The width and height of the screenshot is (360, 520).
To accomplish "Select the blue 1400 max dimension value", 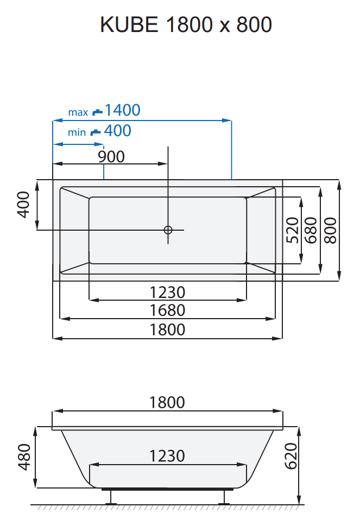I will (x=122, y=110).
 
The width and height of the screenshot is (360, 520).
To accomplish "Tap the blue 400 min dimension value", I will (x=117, y=130).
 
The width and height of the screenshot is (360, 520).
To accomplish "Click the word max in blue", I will (x=78, y=112).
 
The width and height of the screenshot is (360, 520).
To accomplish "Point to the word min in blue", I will (x=77, y=132).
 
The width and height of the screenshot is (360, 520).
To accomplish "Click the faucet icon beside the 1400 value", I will (x=97, y=111).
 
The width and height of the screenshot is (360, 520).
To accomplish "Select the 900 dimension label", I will (x=111, y=157).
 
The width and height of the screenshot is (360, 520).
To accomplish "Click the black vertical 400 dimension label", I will (x=23, y=205).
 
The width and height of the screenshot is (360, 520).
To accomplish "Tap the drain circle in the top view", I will (x=168, y=230).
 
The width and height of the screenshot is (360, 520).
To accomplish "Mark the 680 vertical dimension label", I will (x=311, y=230).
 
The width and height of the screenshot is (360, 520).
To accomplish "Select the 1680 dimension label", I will (x=168, y=310).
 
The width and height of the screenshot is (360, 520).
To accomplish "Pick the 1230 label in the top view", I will (x=168, y=293).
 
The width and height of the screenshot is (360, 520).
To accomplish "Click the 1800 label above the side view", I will (x=167, y=402).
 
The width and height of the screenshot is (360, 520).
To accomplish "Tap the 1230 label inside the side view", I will (x=167, y=455).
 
